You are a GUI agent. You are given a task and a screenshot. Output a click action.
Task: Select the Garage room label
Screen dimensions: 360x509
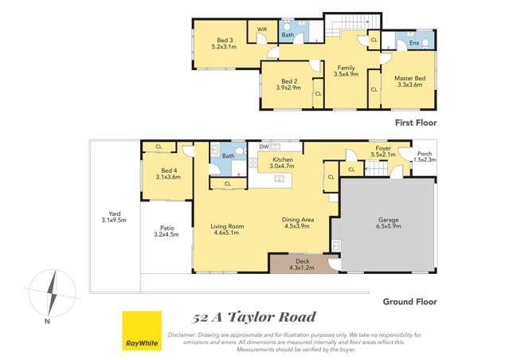tap(388, 219)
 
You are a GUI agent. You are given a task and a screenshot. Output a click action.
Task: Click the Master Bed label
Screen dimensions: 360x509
tap(409, 77)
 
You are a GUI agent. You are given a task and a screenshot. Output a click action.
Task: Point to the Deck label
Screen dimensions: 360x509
tap(302, 260)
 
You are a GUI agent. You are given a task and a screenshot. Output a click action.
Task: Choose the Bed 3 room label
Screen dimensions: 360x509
tap(225, 41)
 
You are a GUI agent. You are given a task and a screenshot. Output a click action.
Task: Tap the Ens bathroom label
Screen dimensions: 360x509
tap(413, 42)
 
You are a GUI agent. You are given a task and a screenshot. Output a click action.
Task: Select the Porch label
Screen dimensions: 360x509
tap(424, 154)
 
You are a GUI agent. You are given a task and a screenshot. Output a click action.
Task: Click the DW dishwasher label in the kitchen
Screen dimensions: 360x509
tap(264, 147)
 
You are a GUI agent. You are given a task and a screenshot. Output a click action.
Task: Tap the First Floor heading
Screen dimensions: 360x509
tap(416, 123)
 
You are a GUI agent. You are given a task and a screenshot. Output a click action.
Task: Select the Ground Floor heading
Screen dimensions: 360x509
tap(410, 302)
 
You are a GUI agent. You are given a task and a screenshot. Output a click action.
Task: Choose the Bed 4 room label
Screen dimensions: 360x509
tap(169, 170)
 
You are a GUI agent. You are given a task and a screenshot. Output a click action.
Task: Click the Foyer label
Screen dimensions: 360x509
tap(384, 147)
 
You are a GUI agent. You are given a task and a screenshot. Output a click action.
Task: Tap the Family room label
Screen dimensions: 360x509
tap(346, 68)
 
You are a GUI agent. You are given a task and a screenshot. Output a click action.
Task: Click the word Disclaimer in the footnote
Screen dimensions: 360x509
tap(185, 335)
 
